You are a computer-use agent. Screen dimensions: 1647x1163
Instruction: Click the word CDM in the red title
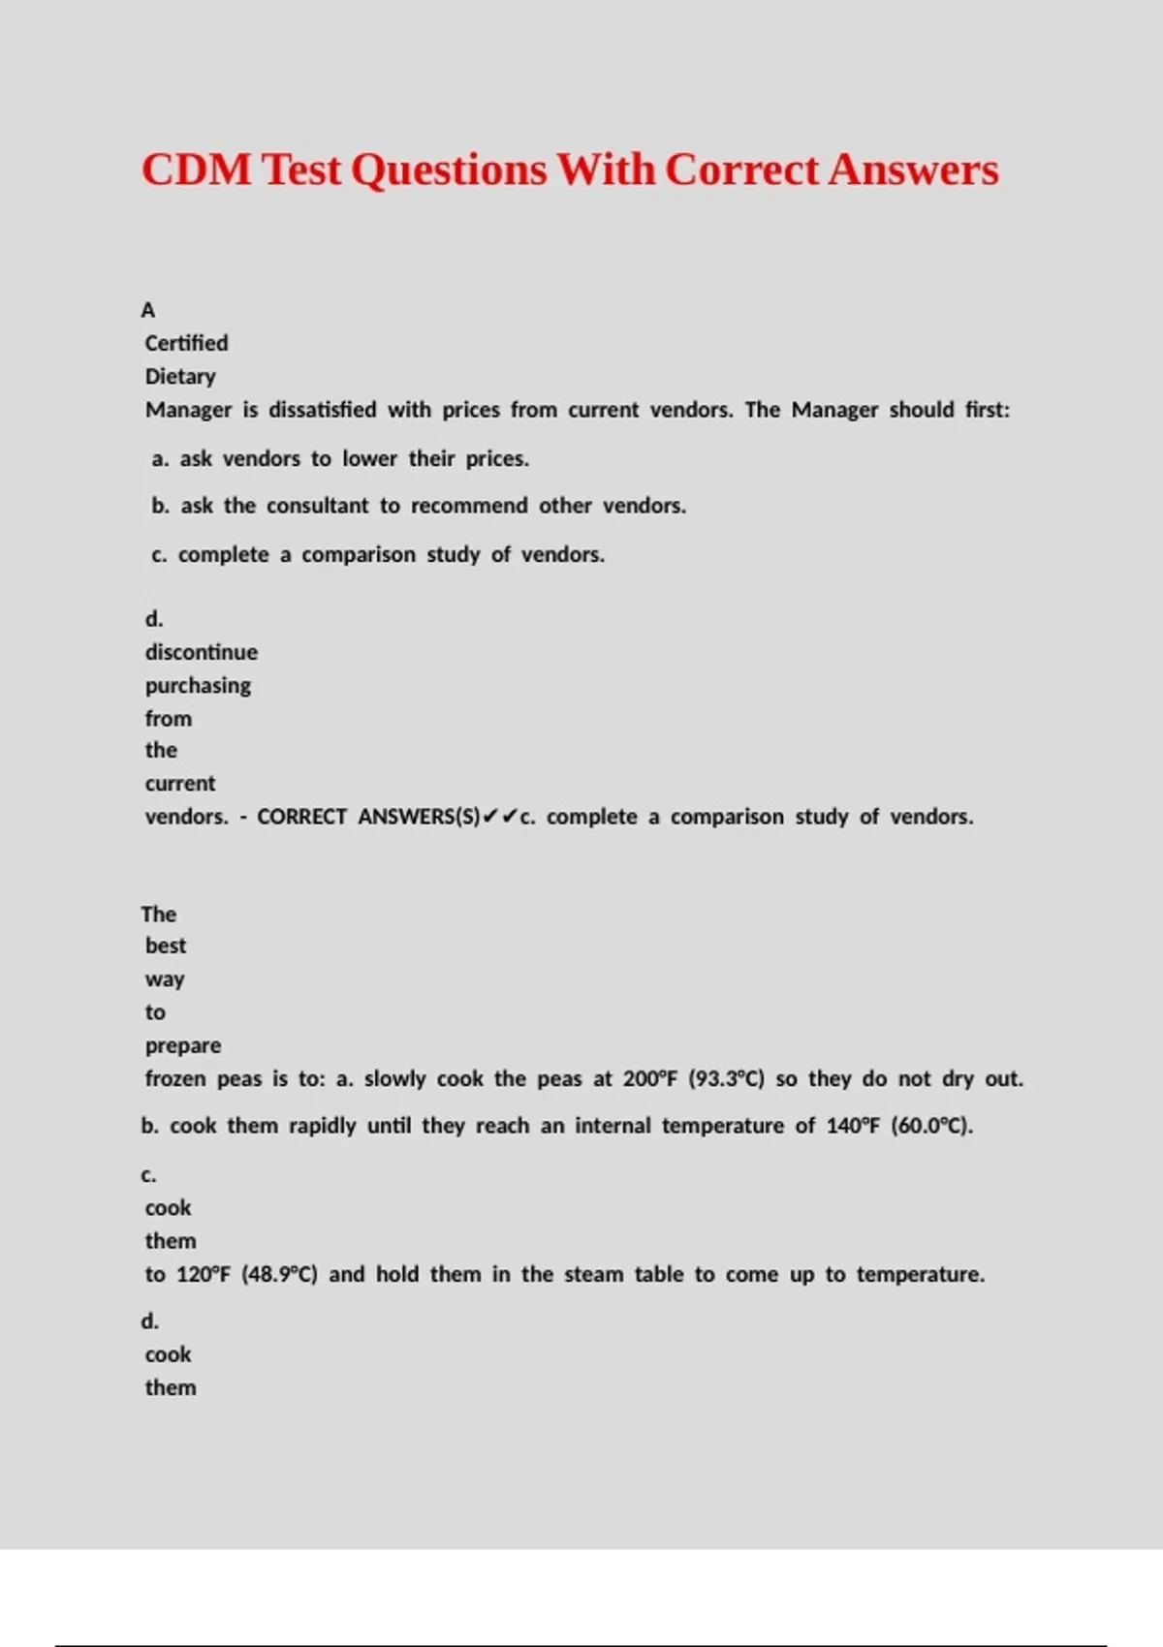197,170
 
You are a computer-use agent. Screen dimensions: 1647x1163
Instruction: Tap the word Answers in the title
913,170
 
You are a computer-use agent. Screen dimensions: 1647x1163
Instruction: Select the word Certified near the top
186,343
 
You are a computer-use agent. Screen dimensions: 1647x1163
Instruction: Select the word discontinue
202,652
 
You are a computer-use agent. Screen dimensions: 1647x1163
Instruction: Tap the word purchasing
198,686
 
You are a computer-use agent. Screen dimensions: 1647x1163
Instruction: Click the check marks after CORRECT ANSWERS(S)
500,817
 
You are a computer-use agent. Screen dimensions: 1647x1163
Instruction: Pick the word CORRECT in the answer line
301,817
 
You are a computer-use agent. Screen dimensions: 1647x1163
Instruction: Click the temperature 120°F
204,1275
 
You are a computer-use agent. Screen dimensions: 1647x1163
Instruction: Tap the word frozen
175,1079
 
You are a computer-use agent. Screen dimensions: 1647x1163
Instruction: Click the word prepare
183,1046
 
